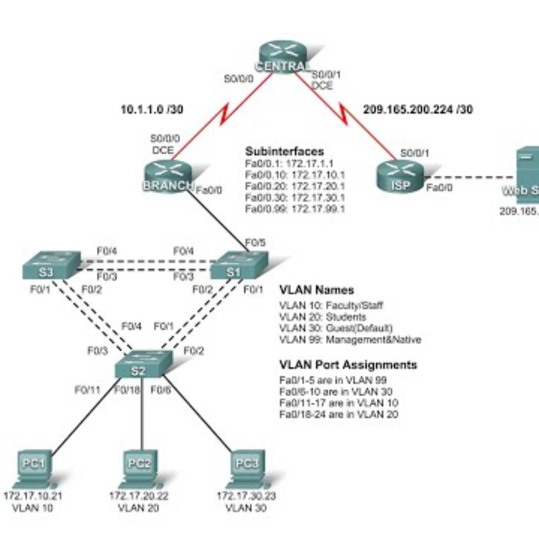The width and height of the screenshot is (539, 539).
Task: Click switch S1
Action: coord(239,266)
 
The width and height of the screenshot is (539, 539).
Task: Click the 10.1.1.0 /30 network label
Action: coord(152,109)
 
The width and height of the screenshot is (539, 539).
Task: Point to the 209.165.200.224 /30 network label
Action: coord(417,109)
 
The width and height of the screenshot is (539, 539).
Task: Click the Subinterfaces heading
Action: coord(284,151)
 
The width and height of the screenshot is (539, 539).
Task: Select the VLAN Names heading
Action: coord(316,290)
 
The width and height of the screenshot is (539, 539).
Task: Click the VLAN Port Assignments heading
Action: coord(348,365)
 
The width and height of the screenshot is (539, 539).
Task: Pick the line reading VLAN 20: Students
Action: coord(323,317)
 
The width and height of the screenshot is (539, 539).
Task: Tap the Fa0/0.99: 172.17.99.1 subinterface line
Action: coord(295,209)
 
